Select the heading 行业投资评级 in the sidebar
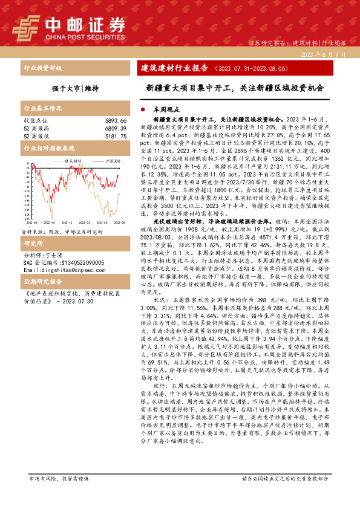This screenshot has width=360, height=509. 42,68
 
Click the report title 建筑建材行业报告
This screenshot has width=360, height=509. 179,67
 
